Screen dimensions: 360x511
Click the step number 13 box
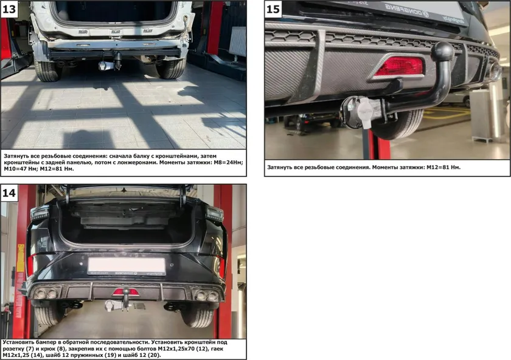pos(10,10)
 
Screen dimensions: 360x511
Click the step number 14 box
pos(10,193)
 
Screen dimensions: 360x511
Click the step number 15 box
pos(274,10)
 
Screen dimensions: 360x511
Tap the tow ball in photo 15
pos(442,52)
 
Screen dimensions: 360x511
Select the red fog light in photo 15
pos(398,66)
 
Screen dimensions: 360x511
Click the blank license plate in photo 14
pos(127,265)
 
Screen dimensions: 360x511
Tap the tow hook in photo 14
pos(126,297)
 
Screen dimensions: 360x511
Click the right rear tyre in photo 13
pos(171,69)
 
